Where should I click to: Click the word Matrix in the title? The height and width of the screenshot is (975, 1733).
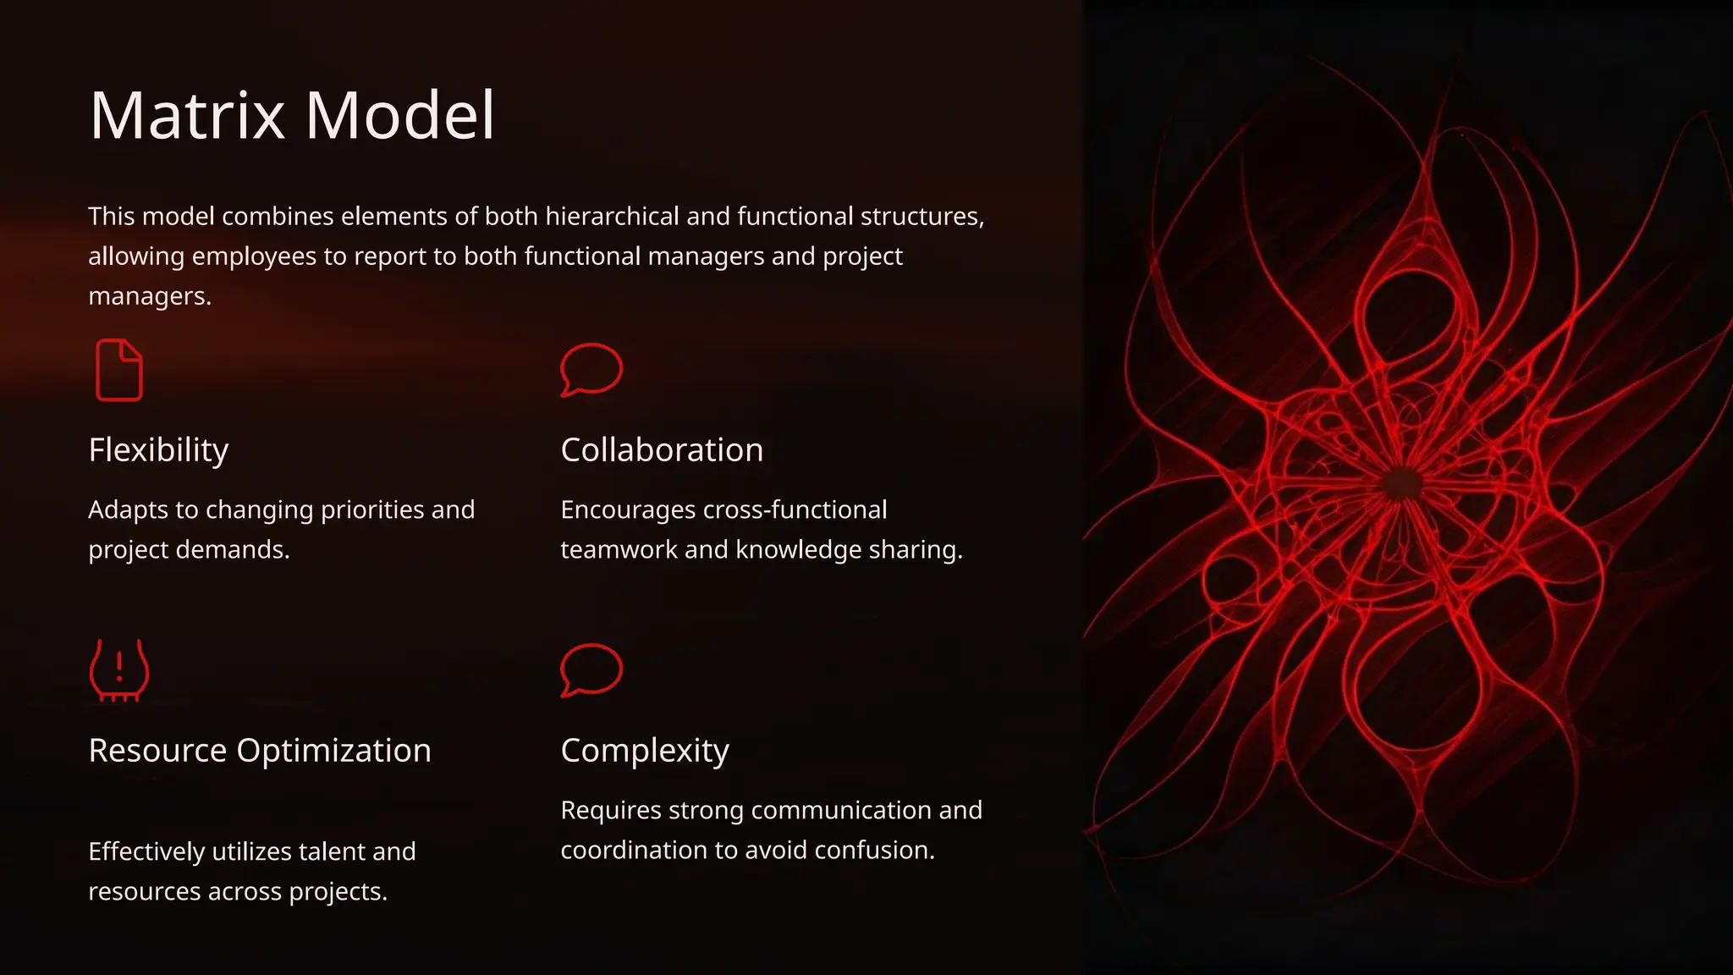coord(187,115)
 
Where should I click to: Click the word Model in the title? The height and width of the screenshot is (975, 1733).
coord(399,115)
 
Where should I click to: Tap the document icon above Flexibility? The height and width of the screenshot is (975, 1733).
coord(118,370)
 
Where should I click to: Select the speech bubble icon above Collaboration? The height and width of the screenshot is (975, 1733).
coord(591,369)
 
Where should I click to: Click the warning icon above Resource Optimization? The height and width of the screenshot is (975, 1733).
coord(119,669)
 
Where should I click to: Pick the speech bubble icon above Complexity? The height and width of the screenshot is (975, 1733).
coord(591,669)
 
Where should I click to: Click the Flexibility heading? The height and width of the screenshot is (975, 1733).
coord(158,450)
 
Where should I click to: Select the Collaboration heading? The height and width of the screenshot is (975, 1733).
coord(662,450)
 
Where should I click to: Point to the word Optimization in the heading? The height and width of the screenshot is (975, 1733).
coord(333,751)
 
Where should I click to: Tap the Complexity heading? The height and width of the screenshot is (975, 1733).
coord(644,751)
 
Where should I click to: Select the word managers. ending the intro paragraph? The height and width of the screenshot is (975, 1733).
coord(150,296)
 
